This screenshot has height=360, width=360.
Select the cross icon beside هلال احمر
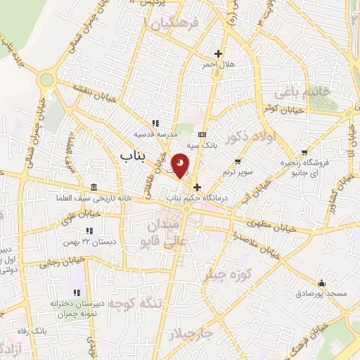tap(218, 53)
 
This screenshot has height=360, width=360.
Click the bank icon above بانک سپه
tap(202, 134)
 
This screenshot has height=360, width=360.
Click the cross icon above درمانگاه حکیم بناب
tap(197, 188)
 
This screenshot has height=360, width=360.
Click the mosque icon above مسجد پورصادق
tap(321, 281)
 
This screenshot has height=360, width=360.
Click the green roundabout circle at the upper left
tap(46, 79)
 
